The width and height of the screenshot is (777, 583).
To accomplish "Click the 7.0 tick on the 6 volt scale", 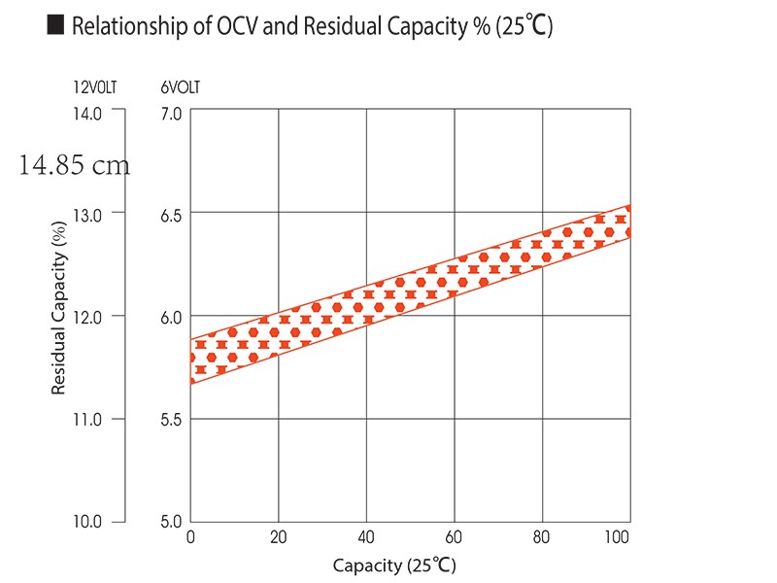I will [x=171, y=114].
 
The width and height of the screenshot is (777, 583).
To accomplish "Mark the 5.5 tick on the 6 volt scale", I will [x=171, y=420].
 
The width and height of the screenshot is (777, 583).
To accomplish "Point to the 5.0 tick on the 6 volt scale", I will [x=171, y=522].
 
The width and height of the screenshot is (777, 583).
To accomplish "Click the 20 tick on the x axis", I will [x=278, y=537].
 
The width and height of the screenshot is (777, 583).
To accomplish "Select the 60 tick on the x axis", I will [x=454, y=537].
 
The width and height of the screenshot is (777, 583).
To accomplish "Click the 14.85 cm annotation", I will [x=74, y=165].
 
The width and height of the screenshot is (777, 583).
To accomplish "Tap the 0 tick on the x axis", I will [x=190, y=537].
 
